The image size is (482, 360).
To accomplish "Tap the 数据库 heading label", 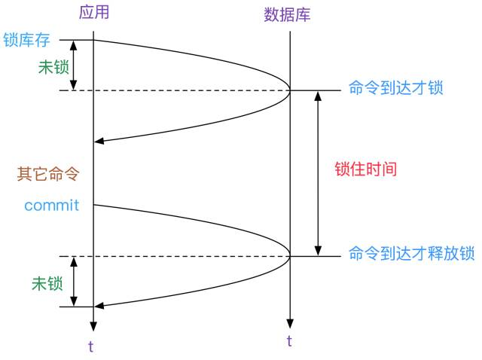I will pos(288,14).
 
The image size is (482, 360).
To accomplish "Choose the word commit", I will pos(51,205).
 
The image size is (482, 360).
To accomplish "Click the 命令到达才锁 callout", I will pos(395,88).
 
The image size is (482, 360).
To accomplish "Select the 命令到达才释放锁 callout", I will pos(411,254).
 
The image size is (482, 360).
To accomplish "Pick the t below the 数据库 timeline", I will pos(289,340).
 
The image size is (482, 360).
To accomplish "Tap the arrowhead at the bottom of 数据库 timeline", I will pos(289,319).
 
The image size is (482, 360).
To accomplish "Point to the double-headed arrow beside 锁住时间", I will pos(319,173).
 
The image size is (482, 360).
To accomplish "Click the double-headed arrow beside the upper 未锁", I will pos(73,66).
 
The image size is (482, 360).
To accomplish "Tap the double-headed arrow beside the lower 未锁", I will pos(73,281).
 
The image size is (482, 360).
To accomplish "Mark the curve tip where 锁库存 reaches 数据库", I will pos(290,90).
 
